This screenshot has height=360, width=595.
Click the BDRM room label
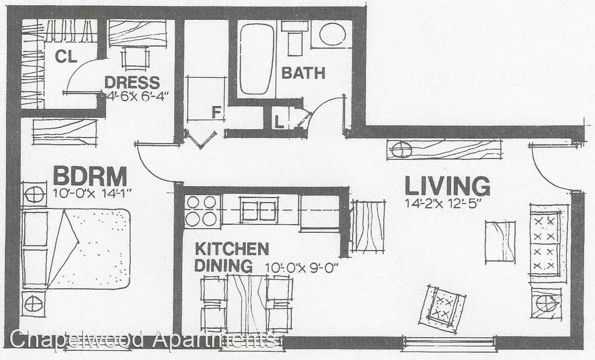pyautogui.click(x=90, y=176)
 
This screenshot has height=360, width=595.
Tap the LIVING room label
pyautogui.click(x=447, y=186)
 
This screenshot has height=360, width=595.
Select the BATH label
pyautogui.click(x=303, y=73)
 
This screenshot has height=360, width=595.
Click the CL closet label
pyautogui.click(x=66, y=56)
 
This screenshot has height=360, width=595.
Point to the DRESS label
pyautogui.click(x=132, y=82)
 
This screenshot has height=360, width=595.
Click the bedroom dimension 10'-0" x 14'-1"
pyautogui.click(x=92, y=193)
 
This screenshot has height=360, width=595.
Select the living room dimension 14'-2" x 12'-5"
pyautogui.click(x=443, y=204)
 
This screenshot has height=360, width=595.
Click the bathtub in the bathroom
pyautogui.click(x=257, y=59)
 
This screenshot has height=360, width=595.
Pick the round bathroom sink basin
pyautogui.click(x=332, y=34)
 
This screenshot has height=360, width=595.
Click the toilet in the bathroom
pyautogui.click(x=295, y=39)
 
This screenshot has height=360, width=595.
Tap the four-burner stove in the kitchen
pyautogui.click(x=201, y=211)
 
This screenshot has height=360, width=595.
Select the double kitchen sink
pyautogui.click(x=259, y=210)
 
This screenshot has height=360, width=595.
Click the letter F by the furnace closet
pyautogui.click(x=216, y=112)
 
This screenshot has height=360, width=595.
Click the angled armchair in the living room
pyautogui.click(x=442, y=309)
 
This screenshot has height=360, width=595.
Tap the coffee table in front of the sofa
pyautogui.click(x=500, y=242)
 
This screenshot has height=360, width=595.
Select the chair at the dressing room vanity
pyautogui.click(x=135, y=58)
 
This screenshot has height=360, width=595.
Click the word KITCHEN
pyautogui.click(x=232, y=249)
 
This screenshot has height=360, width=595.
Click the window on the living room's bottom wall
pyautogui.click(x=449, y=344)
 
